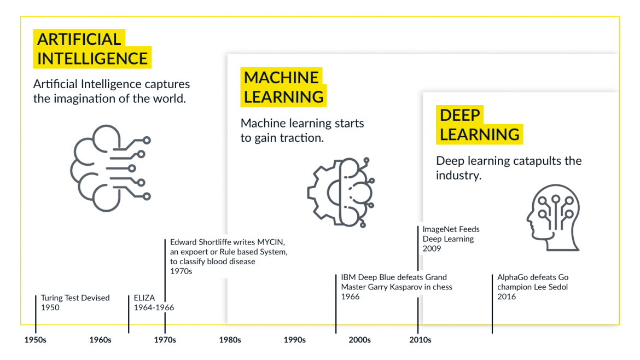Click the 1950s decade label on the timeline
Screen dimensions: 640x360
tap(36, 340)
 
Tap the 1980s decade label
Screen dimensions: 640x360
tap(230, 340)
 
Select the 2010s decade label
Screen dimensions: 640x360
tap(421, 340)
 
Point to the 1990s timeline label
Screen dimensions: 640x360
tap(295, 340)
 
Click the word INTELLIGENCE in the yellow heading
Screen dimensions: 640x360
tap(92, 59)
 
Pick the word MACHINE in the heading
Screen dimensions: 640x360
tap(281, 78)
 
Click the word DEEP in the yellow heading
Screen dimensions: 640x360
tap(459, 115)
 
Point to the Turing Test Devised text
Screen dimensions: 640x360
tap(75, 298)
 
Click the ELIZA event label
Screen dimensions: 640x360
tap(144, 298)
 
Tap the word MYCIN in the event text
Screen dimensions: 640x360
tap(271, 242)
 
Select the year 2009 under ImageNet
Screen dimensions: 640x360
tap(432, 248)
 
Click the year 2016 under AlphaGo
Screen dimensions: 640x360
tap(507, 297)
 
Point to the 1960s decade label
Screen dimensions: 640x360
tap(101, 340)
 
